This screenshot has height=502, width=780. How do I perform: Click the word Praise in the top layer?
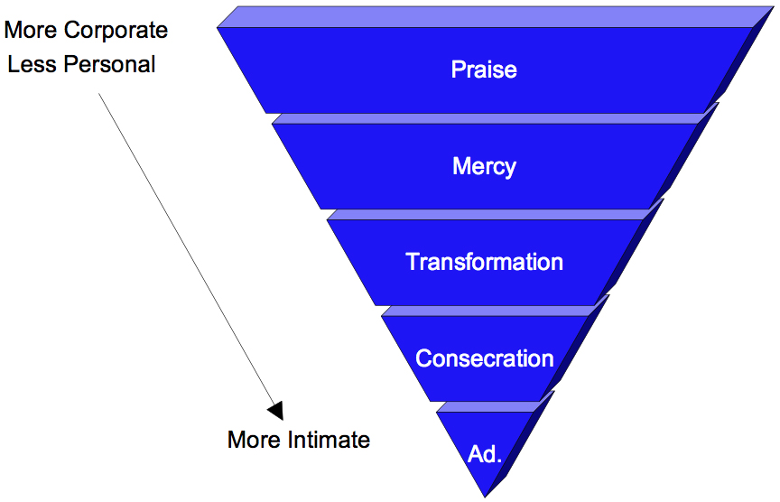coord(484,70)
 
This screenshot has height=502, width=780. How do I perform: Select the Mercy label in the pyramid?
coord(484,167)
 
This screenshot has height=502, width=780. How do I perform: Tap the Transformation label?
coord(484,263)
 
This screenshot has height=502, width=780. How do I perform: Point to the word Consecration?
coord(484,358)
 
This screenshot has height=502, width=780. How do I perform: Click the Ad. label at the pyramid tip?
coord(485,454)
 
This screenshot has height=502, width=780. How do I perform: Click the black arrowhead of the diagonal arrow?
coord(275,410)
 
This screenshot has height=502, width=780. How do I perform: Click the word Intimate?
coord(329,440)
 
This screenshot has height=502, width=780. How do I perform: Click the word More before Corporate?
coord(30,30)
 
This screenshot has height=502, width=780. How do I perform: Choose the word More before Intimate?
coord(255,440)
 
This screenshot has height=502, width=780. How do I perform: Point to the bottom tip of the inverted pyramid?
coord(485,496)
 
